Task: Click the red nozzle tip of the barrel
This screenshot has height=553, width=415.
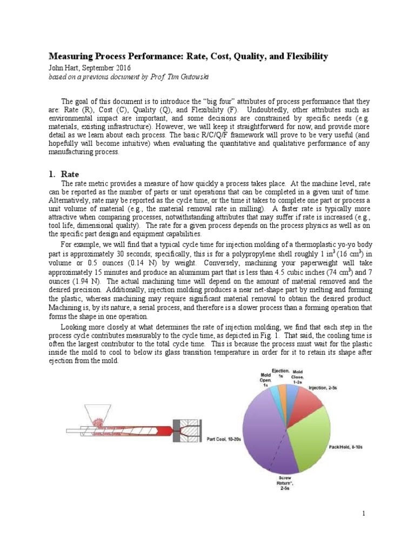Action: click(165, 430)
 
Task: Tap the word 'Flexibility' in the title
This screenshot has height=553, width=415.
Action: click(304, 57)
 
